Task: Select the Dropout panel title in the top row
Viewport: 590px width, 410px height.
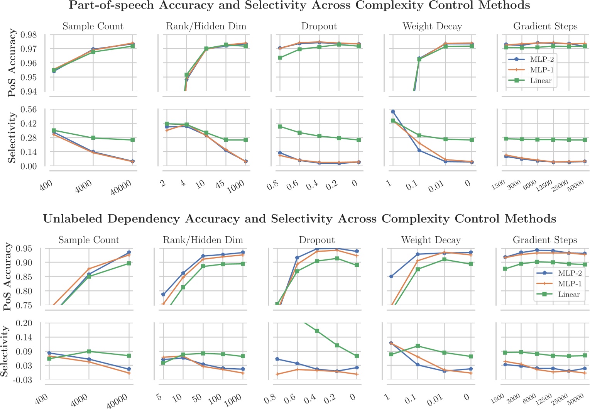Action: (319, 26)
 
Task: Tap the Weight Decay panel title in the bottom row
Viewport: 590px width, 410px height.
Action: (431, 240)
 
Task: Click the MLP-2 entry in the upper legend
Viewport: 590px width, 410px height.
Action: (542, 59)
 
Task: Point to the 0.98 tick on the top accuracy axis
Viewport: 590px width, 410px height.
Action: (29, 35)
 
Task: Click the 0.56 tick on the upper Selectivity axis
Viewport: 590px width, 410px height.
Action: (29, 110)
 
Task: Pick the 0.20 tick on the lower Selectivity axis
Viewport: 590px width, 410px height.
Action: (25, 323)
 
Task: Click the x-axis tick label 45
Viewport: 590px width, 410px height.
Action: (220, 184)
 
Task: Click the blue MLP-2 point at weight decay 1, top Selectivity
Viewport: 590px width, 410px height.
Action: (393, 112)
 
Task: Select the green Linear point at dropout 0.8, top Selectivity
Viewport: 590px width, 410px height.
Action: (280, 127)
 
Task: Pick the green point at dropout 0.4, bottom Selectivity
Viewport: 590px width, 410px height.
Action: (317, 331)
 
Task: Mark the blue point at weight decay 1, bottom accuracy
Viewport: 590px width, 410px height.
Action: (391, 276)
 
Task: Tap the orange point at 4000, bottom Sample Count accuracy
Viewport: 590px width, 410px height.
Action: (89, 269)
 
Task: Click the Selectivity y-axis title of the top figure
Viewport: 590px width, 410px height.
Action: (12, 137)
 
